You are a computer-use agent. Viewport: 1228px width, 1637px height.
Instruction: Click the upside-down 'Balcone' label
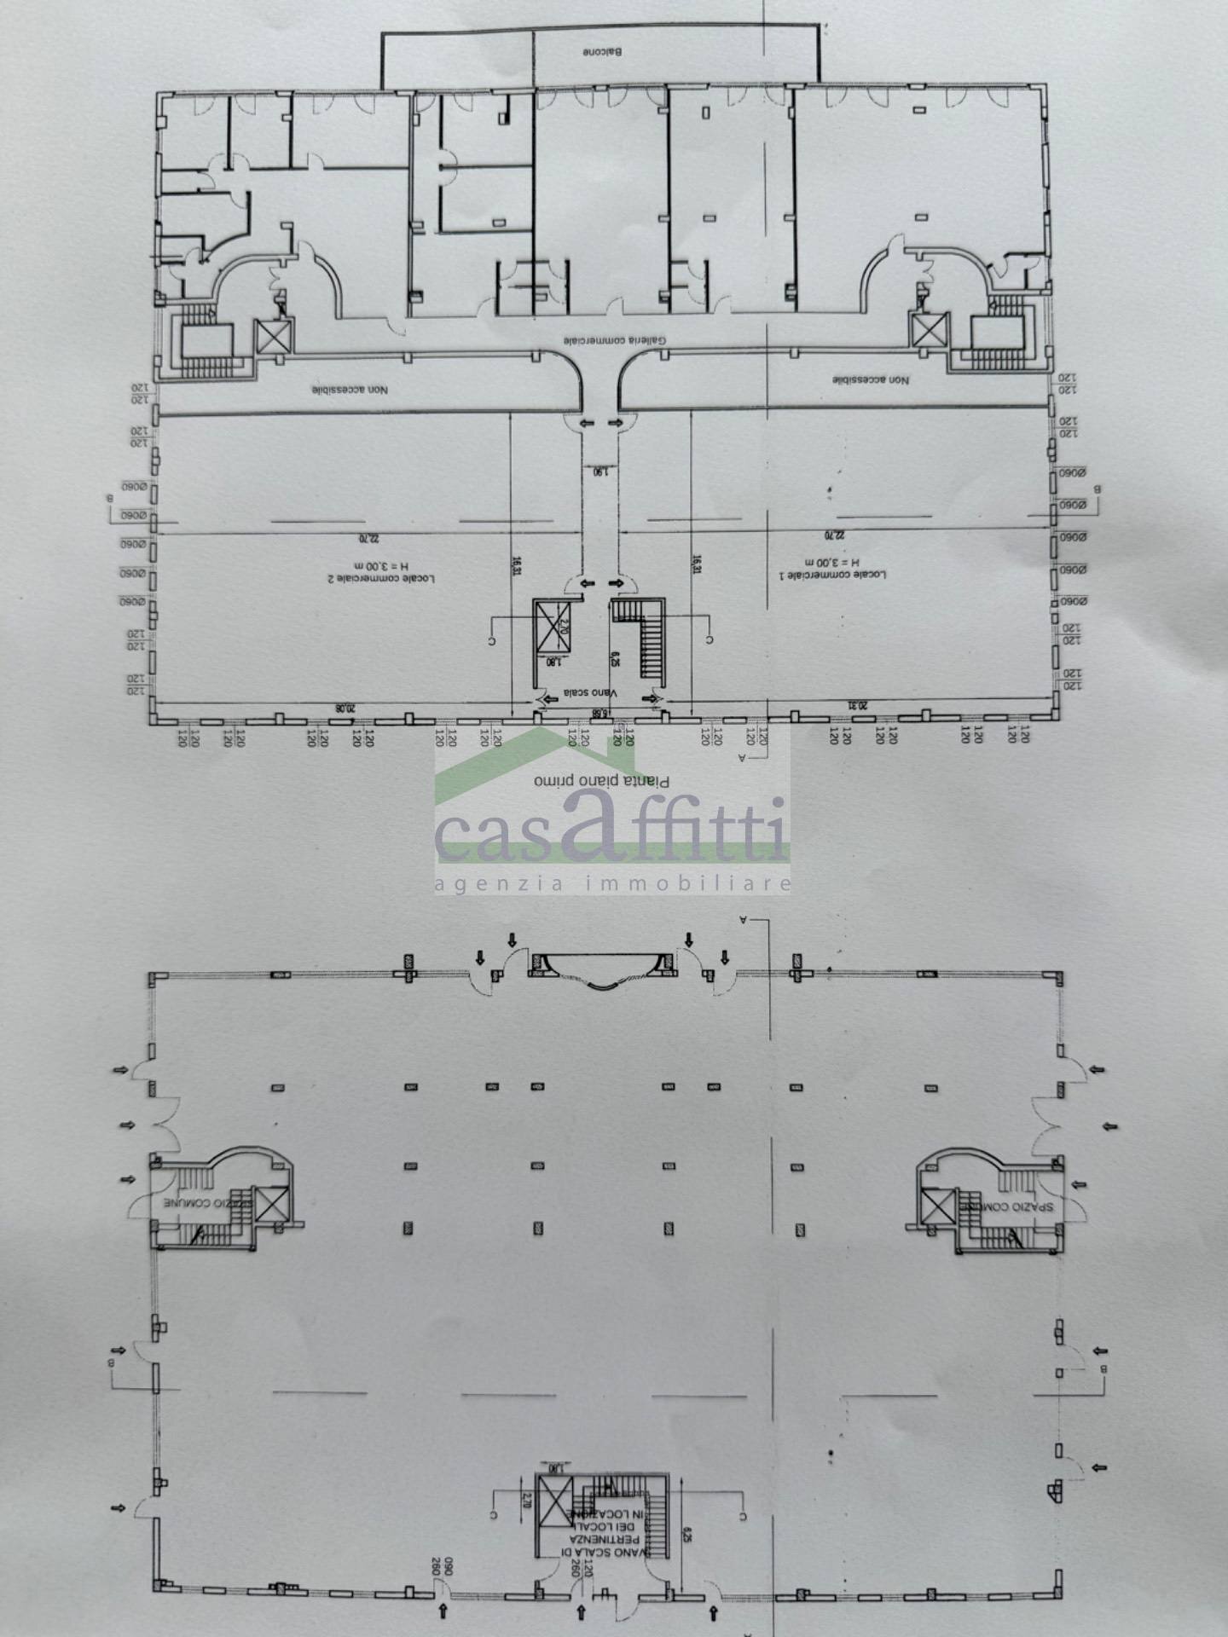coord(604,52)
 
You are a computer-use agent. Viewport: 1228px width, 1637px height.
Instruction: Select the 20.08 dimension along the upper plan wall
coord(343,707)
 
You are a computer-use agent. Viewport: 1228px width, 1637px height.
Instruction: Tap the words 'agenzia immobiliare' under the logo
coord(612,884)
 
